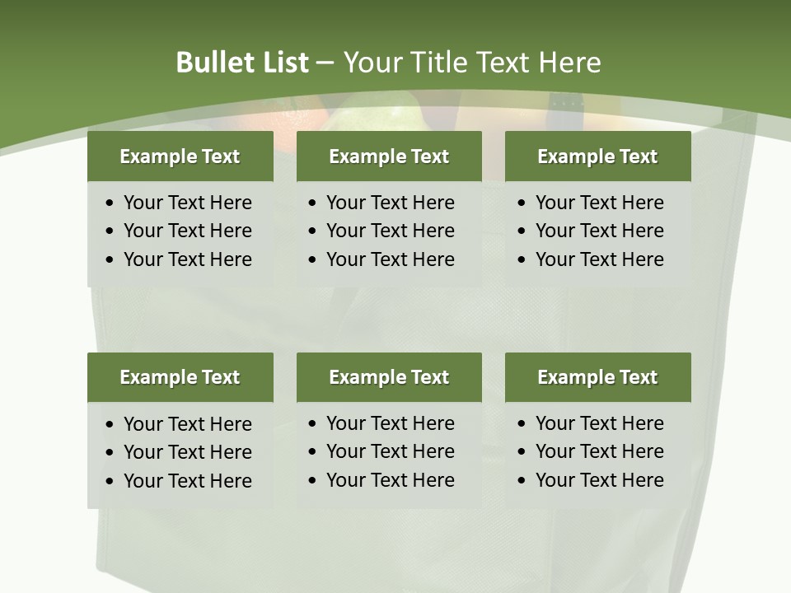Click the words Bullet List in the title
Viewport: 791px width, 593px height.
point(242,63)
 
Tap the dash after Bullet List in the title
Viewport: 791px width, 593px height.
point(325,63)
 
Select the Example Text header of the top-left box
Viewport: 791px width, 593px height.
point(180,156)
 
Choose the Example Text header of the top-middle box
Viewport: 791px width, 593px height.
point(389,156)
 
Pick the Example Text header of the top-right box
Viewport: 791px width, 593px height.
point(597,156)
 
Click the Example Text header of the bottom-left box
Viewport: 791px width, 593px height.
point(180,377)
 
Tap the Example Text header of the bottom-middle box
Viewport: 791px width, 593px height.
point(389,377)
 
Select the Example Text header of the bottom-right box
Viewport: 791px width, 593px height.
point(597,377)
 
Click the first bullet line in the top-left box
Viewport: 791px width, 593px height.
point(187,203)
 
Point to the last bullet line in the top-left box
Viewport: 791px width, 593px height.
point(187,259)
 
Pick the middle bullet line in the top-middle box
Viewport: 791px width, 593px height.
point(390,231)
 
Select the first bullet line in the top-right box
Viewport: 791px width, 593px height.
point(599,203)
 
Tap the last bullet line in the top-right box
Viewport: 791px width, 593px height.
point(599,259)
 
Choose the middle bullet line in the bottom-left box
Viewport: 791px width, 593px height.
point(187,452)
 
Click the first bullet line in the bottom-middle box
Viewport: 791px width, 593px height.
point(390,423)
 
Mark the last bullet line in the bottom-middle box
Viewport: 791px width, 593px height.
point(390,480)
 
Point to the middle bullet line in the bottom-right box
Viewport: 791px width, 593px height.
point(599,451)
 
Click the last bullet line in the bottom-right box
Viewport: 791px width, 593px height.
point(599,480)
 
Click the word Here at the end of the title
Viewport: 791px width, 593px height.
point(569,63)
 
